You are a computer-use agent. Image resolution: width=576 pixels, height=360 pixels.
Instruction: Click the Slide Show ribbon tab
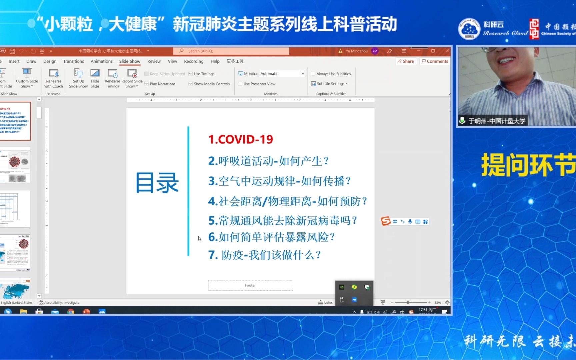coord(130,61)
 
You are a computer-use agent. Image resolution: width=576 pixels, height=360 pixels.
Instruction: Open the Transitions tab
coord(74,61)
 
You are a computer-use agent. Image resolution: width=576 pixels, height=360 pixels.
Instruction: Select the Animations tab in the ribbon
coord(102,61)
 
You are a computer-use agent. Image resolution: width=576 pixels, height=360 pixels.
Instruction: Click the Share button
coord(406,61)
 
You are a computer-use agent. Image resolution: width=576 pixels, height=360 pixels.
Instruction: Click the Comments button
coord(435,61)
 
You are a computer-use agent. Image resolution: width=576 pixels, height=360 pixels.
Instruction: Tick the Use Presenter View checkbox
coord(240,84)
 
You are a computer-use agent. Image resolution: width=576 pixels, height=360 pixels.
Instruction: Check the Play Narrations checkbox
coord(147,84)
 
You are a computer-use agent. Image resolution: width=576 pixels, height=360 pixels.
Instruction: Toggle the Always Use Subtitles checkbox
coord(313,74)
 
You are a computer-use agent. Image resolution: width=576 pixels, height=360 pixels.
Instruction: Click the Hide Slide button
coord(95,79)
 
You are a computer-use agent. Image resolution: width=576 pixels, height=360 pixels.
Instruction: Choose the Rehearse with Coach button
coord(54,79)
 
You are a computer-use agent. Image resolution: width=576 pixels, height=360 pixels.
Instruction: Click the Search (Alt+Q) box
coord(231,51)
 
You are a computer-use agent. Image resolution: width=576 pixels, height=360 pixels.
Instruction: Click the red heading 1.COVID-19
coord(241,139)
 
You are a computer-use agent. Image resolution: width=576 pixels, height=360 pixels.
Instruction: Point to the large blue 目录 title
coord(157,183)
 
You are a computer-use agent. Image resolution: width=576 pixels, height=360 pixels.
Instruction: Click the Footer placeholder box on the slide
coord(250,285)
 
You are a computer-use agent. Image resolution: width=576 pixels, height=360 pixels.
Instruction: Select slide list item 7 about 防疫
coord(265,255)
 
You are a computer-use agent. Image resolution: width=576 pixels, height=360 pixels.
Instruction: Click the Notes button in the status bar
coord(326,303)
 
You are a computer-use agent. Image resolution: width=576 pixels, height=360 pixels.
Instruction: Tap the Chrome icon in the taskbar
coord(71,312)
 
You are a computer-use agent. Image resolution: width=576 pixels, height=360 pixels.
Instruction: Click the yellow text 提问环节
coord(528,165)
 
